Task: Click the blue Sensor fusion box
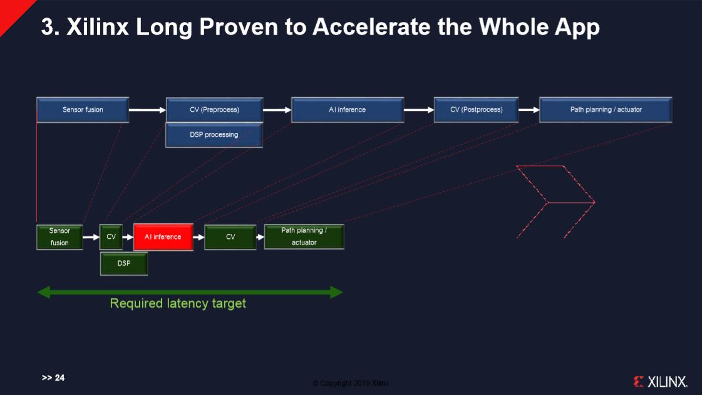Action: tap(83, 110)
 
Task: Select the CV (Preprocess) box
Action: tap(214, 110)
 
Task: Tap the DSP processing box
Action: tap(214, 135)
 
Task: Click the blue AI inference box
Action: tap(348, 110)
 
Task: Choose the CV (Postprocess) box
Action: tap(476, 110)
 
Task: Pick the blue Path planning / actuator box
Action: tap(606, 110)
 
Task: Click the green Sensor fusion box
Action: tap(59, 237)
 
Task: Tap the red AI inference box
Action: tap(163, 237)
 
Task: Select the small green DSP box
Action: tap(124, 263)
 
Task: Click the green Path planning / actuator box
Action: tap(304, 237)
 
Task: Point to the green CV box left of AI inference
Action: tap(111, 237)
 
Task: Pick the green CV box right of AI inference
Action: tap(230, 237)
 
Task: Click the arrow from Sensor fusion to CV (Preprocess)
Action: tap(147, 110)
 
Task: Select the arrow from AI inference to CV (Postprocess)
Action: tap(419, 110)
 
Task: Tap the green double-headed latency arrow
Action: tap(190, 292)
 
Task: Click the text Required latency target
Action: tap(178, 303)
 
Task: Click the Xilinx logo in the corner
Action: tap(660, 381)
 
